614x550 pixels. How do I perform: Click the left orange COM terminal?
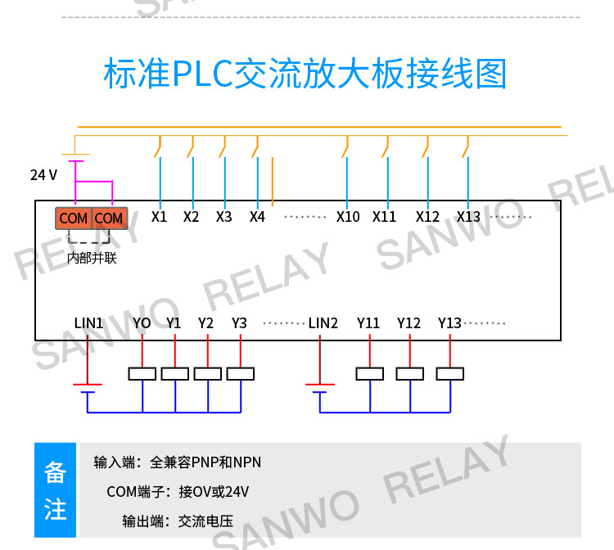(x=74, y=218)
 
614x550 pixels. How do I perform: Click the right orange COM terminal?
(x=109, y=218)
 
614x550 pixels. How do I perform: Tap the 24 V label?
(x=43, y=174)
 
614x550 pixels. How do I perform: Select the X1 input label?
(x=159, y=216)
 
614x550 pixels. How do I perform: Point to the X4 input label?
(x=257, y=216)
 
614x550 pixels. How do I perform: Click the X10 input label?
(x=348, y=216)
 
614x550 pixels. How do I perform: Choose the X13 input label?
(x=468, y=216)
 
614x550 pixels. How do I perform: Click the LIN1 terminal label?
(x=88, y=323)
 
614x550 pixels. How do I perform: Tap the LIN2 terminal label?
(x=323, y=323)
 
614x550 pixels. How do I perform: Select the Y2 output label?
(x=205, y=323)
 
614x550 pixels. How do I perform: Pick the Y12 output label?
(x=409, y=323)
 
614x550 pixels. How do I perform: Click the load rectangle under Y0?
(x=142, y=374)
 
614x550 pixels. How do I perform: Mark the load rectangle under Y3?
(x=241, y=374)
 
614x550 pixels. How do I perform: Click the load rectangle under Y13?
(x=450, y=374)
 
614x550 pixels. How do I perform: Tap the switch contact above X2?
(x=191, y=147)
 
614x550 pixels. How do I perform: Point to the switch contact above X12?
(x=426, y=147)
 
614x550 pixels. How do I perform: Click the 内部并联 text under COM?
(x=92, y=258)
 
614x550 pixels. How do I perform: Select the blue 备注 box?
(x=55, y=490)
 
